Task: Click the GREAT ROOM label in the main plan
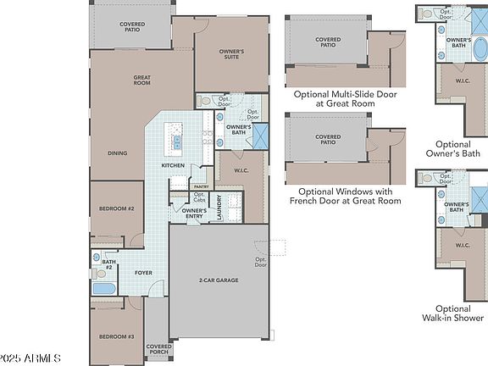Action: (141, 81)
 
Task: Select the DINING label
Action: (118, 153)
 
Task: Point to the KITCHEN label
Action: (174, 165)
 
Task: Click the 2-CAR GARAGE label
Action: (219, 280)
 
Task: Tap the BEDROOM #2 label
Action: (117, 208)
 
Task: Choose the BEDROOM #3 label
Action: (116, 336)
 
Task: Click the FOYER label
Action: (143, 272)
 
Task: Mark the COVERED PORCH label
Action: (158, 349)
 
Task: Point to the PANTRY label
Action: (201, 186)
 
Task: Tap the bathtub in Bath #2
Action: (105, 290)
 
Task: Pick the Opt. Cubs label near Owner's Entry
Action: (176, 197)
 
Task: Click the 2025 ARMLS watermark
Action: (31, 358)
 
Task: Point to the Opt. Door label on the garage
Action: (259, 261)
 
